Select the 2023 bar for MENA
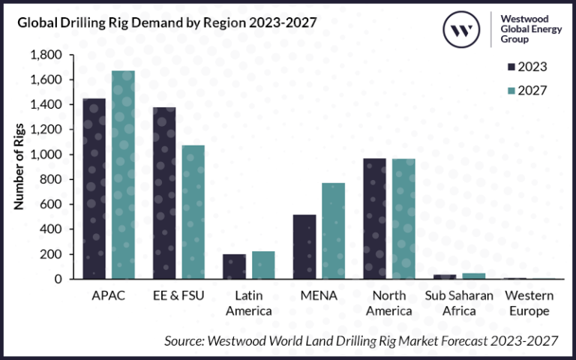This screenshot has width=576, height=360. coord(304,247)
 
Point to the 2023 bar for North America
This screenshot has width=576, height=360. coord(375,218)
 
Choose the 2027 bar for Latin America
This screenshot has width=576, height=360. coord(263,265)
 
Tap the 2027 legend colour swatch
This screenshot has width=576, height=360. coord(514,90)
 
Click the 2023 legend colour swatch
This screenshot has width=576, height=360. coord(514,67)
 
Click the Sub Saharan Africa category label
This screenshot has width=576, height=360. coord(459,302)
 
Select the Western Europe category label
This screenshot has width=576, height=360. coord(529,302)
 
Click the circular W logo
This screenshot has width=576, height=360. coord(462,31)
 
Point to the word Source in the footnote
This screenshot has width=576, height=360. coord(184,340)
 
